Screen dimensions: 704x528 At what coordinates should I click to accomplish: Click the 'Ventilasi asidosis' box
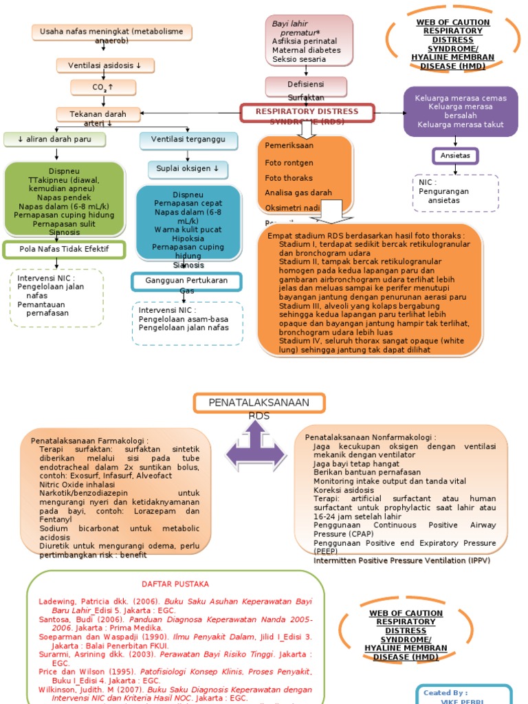(105, 65)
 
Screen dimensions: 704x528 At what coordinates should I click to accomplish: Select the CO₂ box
(102, 87)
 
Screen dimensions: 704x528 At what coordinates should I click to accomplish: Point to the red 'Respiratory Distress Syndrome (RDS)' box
(307, 112)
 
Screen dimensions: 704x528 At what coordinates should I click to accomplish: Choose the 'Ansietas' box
(455, 155)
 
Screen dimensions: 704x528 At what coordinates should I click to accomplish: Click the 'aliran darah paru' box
(55, 140)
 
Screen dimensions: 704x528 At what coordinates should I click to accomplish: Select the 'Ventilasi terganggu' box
(188, 140)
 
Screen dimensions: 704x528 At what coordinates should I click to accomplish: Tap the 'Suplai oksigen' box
(188, 168)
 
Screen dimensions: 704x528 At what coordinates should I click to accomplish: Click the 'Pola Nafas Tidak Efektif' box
(65, 249)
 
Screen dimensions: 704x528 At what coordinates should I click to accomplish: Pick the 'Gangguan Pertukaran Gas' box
(187, 281)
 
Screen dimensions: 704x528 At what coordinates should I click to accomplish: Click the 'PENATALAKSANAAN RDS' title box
(259, 403)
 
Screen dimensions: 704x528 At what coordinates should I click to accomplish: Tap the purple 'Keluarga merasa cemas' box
(461, 111)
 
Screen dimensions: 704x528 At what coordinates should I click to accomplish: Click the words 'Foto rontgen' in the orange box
(289, 163)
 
